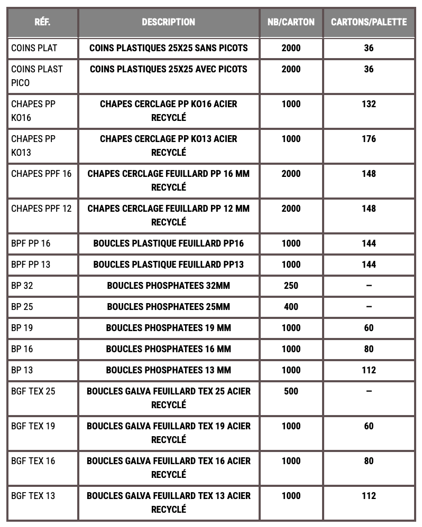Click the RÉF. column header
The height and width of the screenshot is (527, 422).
click(x=42, y=22)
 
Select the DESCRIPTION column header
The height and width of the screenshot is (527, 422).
click(x=168, y=22)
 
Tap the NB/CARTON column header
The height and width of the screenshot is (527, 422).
click(x=291, y=22)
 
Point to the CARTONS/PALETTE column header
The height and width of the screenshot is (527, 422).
click(x=369, y=22)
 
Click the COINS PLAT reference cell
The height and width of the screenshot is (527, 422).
click(x=34, y=48)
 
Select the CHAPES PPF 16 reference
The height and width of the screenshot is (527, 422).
click(x=41, y=174)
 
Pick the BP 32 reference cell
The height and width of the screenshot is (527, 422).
click(x=22, y=286)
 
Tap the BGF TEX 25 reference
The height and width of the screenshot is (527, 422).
click(x=33, y=391)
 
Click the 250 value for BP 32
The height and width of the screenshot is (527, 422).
click(x=291, y=286)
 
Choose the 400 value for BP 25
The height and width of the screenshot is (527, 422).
click(x=291, y=307)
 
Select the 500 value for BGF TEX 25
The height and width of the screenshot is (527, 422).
click(x=291, y=391)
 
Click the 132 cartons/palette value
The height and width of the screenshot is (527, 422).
click(x=369, y=104)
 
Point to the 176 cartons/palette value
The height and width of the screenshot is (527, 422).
click(x=369, y=139)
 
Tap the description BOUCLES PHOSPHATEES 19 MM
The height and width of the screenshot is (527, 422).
click(x=168, y=328)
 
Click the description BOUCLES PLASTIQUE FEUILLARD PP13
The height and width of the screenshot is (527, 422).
click(x=168, y=265)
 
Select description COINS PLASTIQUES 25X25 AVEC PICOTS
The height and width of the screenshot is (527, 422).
click(x=168, y=69)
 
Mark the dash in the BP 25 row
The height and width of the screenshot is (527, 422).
click(x=369, y=307)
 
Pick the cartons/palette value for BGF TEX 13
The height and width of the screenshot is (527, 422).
click(x=369, y=496)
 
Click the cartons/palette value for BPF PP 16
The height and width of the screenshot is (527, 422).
click(x=369, y=243)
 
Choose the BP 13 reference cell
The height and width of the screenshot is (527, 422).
click(x=22, y=370)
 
